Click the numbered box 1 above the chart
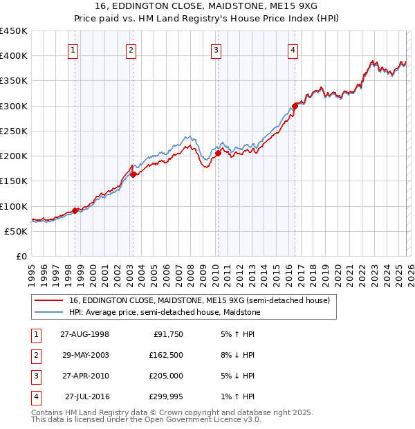pyautogui.click(x=73, y=50)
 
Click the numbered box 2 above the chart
pyautogui.click(x=131, y=50)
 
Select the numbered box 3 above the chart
pyautogui.click(x=216, y=50)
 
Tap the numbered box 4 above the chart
pyautogui.click(x=293, y=50)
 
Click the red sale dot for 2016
pyautogui.click(x=295, y=106)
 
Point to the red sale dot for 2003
pyautogui.click(x=133, y=174)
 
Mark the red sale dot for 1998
pyautogui.click(x=75, y=210)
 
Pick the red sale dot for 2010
pyautogui.click(x=218, y=154)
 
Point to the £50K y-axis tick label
pyautogui.click(x=17, y=231)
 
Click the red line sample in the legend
pyautogui.click(x=48, y=300)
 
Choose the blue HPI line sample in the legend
pyautogui.click(x=48, y=312)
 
